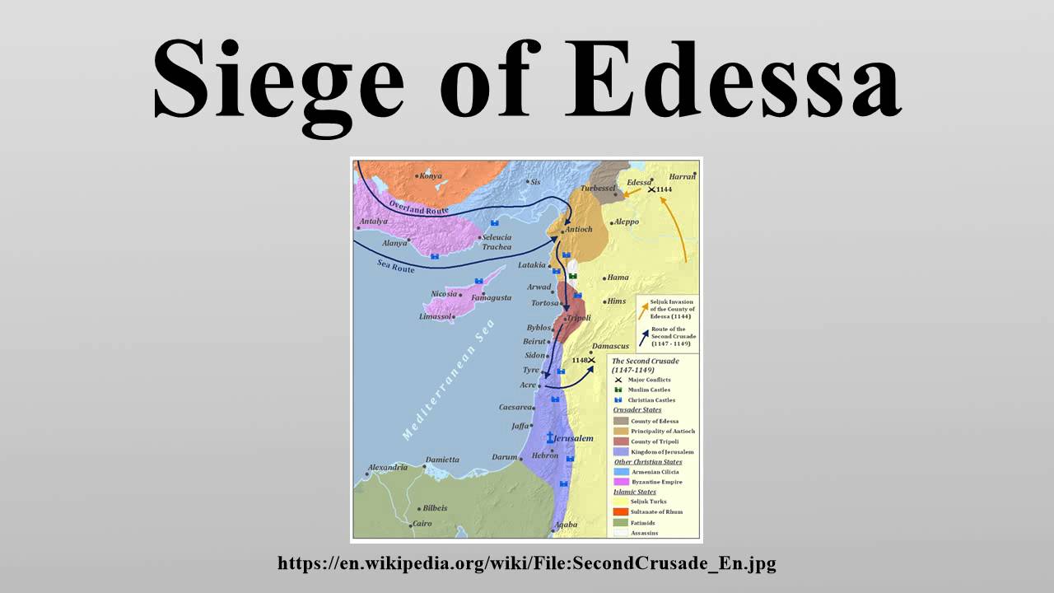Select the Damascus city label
click(610, 347)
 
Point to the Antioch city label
click(578, 229)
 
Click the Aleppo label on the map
click(627, 222)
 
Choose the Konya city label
click(430, 175)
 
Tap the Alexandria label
click(388, 468)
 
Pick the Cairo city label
click(422, 523)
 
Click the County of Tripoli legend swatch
click(621, 441)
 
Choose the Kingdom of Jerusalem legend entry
click(662, 452)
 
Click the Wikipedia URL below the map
click(527, 563)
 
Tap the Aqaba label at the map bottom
click(566, 525)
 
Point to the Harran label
click(683, 175)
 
